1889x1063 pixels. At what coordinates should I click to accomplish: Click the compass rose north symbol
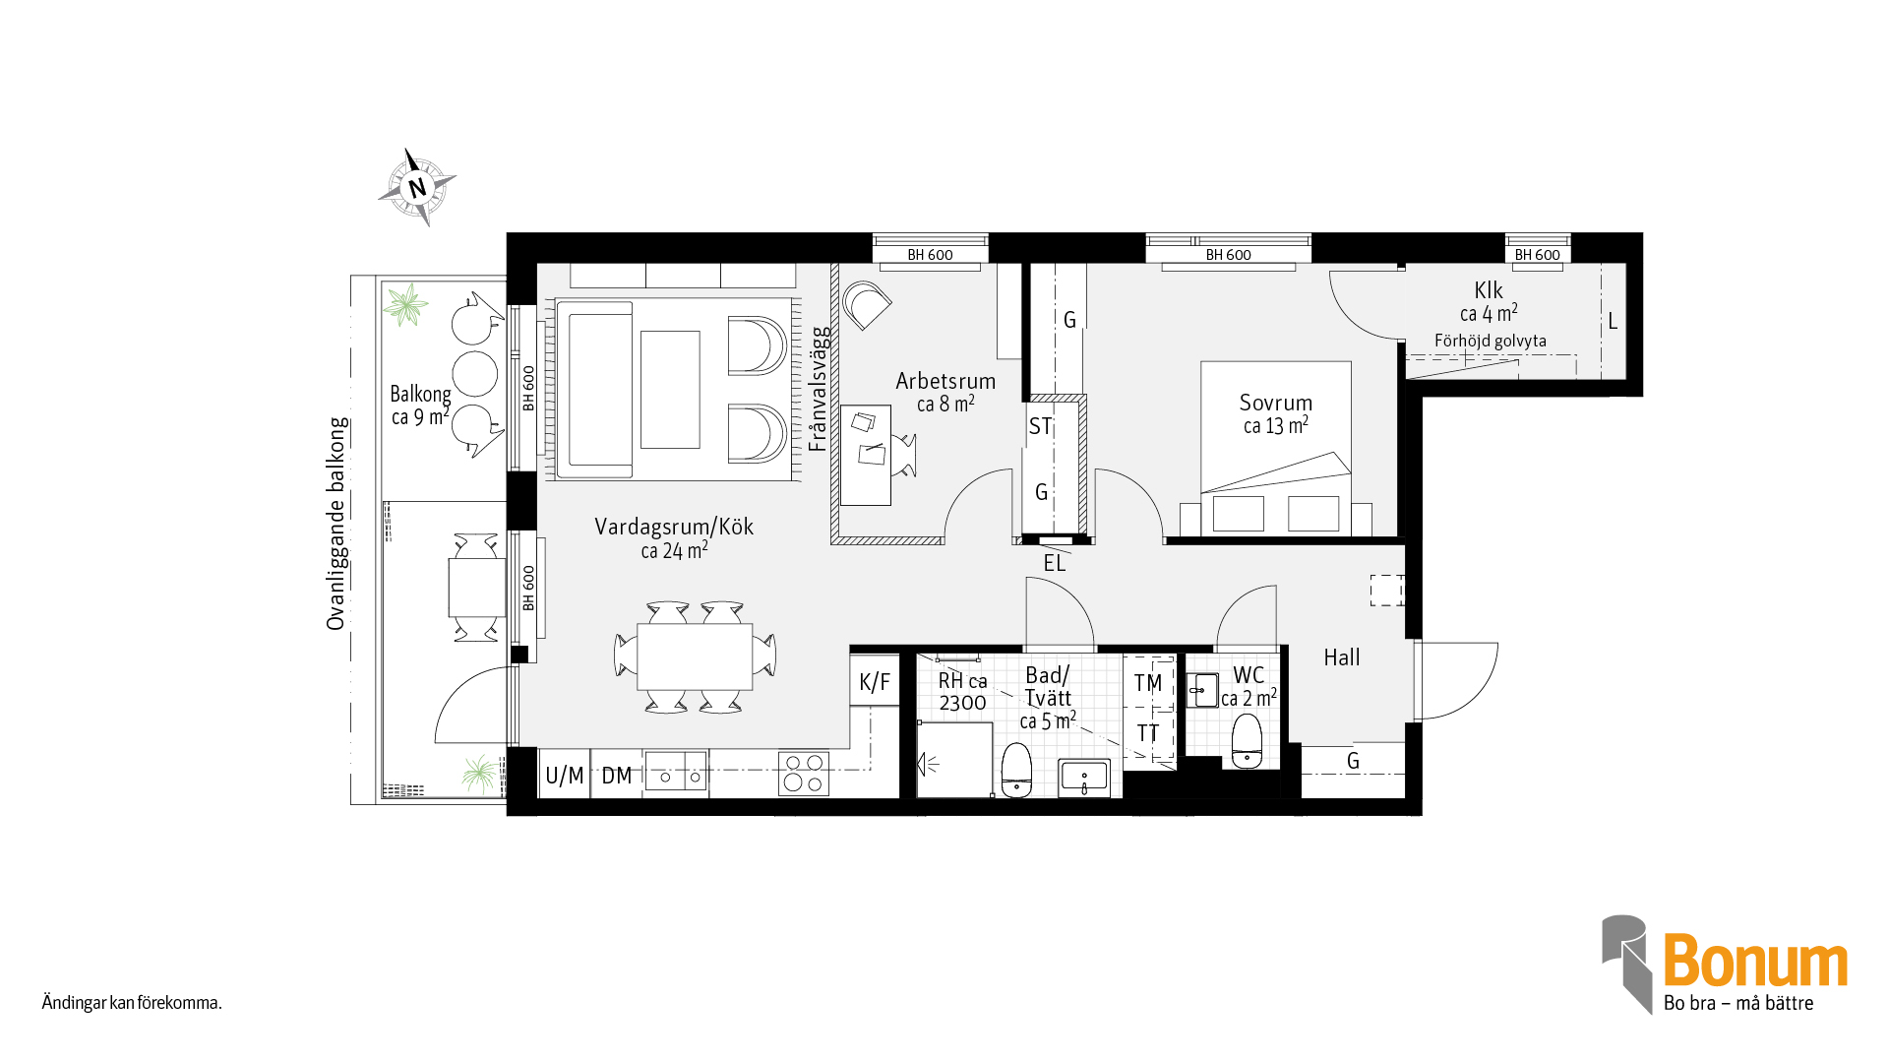pos(418,187)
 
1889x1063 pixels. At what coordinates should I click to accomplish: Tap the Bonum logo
pos(1725,965)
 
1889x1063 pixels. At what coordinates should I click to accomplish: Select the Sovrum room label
pos(1276,403)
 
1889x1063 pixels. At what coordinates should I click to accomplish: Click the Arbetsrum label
pos(945,381)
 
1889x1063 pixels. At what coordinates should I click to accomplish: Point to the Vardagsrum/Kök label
pos(674,527)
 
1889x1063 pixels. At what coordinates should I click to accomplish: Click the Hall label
pos(1342,657)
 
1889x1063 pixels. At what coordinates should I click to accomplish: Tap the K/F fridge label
pos(875,682)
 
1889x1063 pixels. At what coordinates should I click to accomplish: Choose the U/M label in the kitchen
pos(565,776)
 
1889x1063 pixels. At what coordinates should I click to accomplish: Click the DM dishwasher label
pos(617,776)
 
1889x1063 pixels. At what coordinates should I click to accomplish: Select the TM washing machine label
pos(1148,683)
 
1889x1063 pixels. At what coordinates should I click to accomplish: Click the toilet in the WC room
pos(1247,740)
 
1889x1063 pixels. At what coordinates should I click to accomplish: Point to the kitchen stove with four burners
pos(804,774)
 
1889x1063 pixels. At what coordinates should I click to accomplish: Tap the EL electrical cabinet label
pos(1055,563)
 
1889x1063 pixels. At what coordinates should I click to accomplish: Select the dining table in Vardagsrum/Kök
pos(695,657)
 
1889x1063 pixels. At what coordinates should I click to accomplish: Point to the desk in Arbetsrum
pos(866,455)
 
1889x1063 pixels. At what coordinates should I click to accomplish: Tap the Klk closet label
pos(1489,290)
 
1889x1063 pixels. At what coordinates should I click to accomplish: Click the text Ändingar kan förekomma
pos(132,1003)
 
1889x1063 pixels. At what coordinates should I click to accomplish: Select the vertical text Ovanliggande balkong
pos(336,524)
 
